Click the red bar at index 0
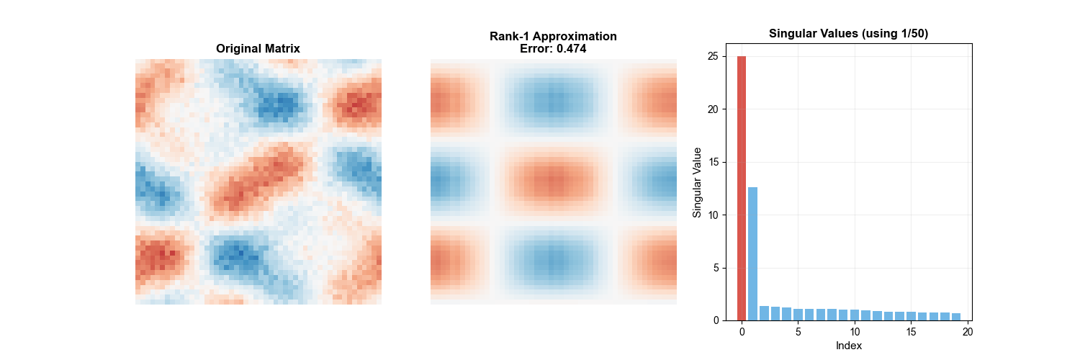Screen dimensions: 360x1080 coord(742,188)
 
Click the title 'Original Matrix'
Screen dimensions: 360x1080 coord(258,49)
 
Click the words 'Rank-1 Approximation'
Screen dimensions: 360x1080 coord(553,37)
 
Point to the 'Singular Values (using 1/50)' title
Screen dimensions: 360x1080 coord(847,33)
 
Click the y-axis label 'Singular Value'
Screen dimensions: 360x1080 coord(697,182)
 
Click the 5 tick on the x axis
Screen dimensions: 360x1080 coord(798,332)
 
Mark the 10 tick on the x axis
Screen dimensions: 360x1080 coord(855,332)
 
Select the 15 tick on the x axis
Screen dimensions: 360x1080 coord(911,332)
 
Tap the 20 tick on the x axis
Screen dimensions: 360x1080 coord(967,332)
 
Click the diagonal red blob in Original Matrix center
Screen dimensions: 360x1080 coord(252,180)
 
